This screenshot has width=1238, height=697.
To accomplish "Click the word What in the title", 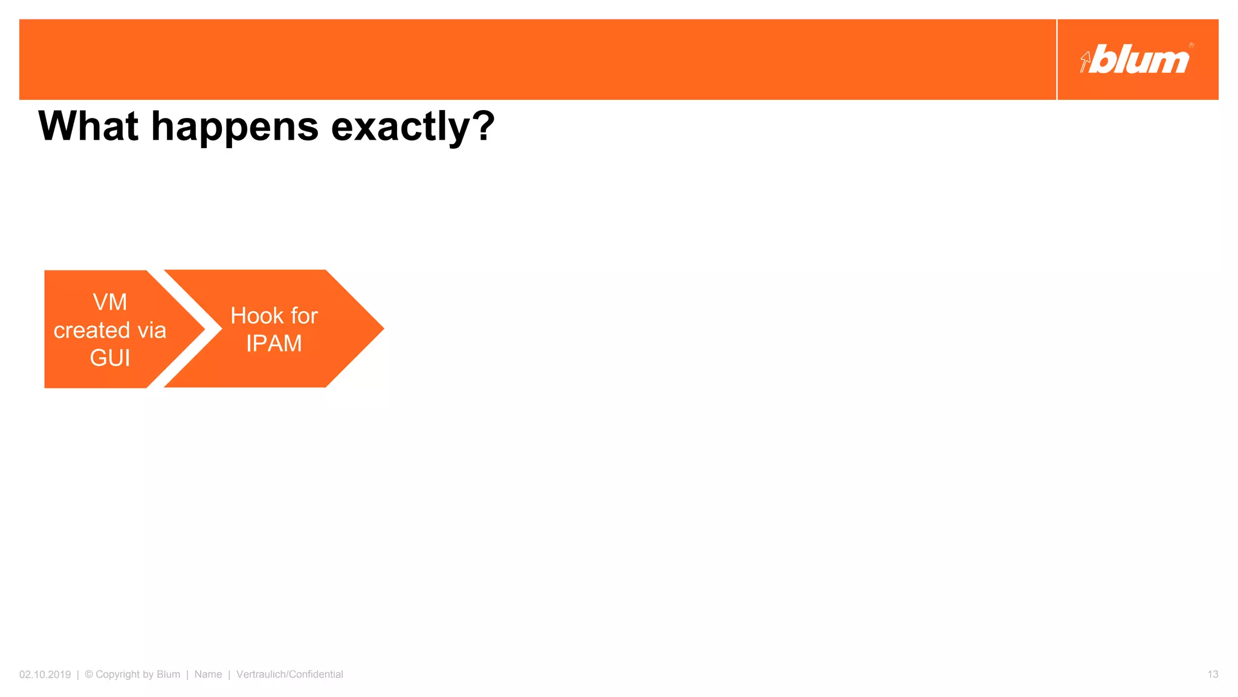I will click(88, 126).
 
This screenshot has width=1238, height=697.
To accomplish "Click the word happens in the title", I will click(235, 128).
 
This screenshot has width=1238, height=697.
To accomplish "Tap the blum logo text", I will click(1141, 60).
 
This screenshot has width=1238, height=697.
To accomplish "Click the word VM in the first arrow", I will click(109, 302).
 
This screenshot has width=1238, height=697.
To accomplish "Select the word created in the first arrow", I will click(92, 330).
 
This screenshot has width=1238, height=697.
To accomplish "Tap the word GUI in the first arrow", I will click(109, 358).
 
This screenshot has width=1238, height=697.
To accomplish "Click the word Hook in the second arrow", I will click(257, 316).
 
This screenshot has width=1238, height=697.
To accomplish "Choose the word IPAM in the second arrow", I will click(274, 344).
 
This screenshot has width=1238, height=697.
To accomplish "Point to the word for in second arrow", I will click(304, 316).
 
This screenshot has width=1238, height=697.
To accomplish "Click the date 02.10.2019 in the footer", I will click(45, 675).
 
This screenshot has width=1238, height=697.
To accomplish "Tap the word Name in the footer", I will click(208, 675).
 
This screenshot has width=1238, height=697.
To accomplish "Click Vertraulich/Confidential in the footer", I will click(290, 675).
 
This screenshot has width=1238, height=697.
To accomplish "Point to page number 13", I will click(1213, 675).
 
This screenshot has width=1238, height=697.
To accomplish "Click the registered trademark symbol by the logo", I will click(1191, 45).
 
